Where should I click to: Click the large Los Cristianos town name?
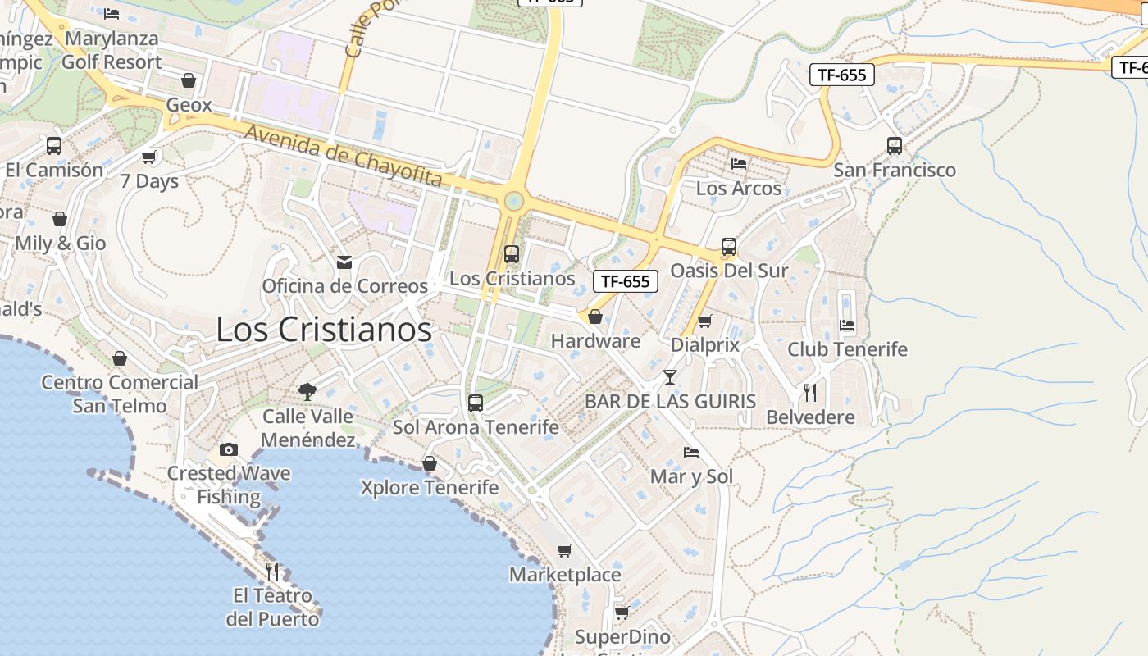(x=324, y=330)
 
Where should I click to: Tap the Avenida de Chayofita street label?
(x=344, y=155)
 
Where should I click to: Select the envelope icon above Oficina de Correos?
(x=344, y=262)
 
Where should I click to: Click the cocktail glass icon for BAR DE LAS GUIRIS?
(x=670, y=377)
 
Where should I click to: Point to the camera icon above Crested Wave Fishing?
(x=229, y=449)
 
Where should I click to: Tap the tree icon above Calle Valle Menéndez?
(x=307, y=391)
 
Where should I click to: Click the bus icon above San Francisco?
(x=895, y=146)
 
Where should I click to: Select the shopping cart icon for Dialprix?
(x=704, y=321)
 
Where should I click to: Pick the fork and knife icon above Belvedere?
(x=810, y=393)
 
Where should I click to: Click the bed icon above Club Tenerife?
(x=847, y=326)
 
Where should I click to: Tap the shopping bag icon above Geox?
(x=189, y=80)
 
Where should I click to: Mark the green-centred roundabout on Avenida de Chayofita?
(x=514, y=200)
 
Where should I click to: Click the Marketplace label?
(x=565, y=575)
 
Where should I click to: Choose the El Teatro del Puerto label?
(x=272, y=607)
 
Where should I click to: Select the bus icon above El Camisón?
(x=54, y=146)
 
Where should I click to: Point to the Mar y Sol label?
(x=691, y=476)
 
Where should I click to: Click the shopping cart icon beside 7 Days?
(x=149, y=157)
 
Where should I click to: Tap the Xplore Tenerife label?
(x=430, y=488)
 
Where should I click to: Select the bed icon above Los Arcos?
(x=739, y=163)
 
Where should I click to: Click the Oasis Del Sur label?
(x=729, y=271)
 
